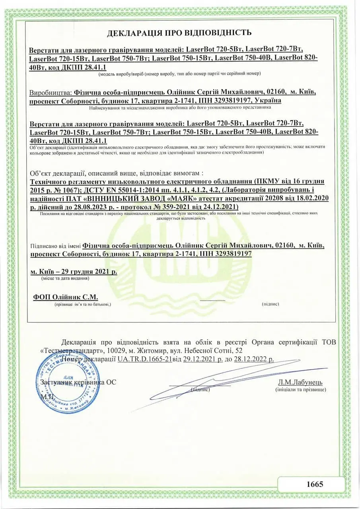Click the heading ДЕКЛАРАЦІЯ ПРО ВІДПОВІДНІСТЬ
pos(179,33)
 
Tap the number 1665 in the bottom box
pos(315,484)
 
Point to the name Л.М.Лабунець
pos(300,383)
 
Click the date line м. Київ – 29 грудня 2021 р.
pos(74,272)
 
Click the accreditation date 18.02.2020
pos(310,198)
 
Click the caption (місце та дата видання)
pos(65,279)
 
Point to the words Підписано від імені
pos(54,245)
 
